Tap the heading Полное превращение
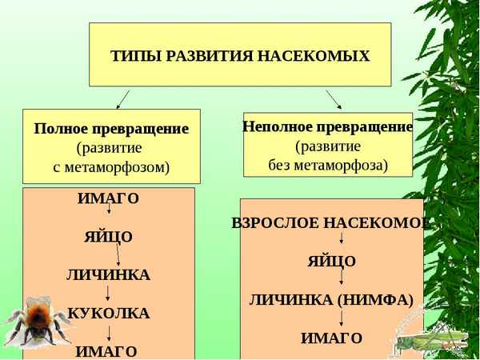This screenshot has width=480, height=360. click(x=111, y=129)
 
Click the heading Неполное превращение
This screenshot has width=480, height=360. click(x=327, y=127)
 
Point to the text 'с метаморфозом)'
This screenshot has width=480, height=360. click(x=111, y=167)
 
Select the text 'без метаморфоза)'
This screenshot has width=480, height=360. click(x=327, y=166)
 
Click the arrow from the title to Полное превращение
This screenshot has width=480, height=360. click(x=122, y=98)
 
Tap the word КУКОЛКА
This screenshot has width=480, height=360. click(x=108, y=312)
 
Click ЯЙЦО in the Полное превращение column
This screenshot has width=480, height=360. click(x=108, y=237)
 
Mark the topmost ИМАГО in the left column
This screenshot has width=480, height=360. click(x=108, y=198)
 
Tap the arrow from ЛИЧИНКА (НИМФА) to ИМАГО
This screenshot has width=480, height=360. click(x=342, y=318)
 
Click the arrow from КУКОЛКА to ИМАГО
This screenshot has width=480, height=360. click(x=108, y=331)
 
